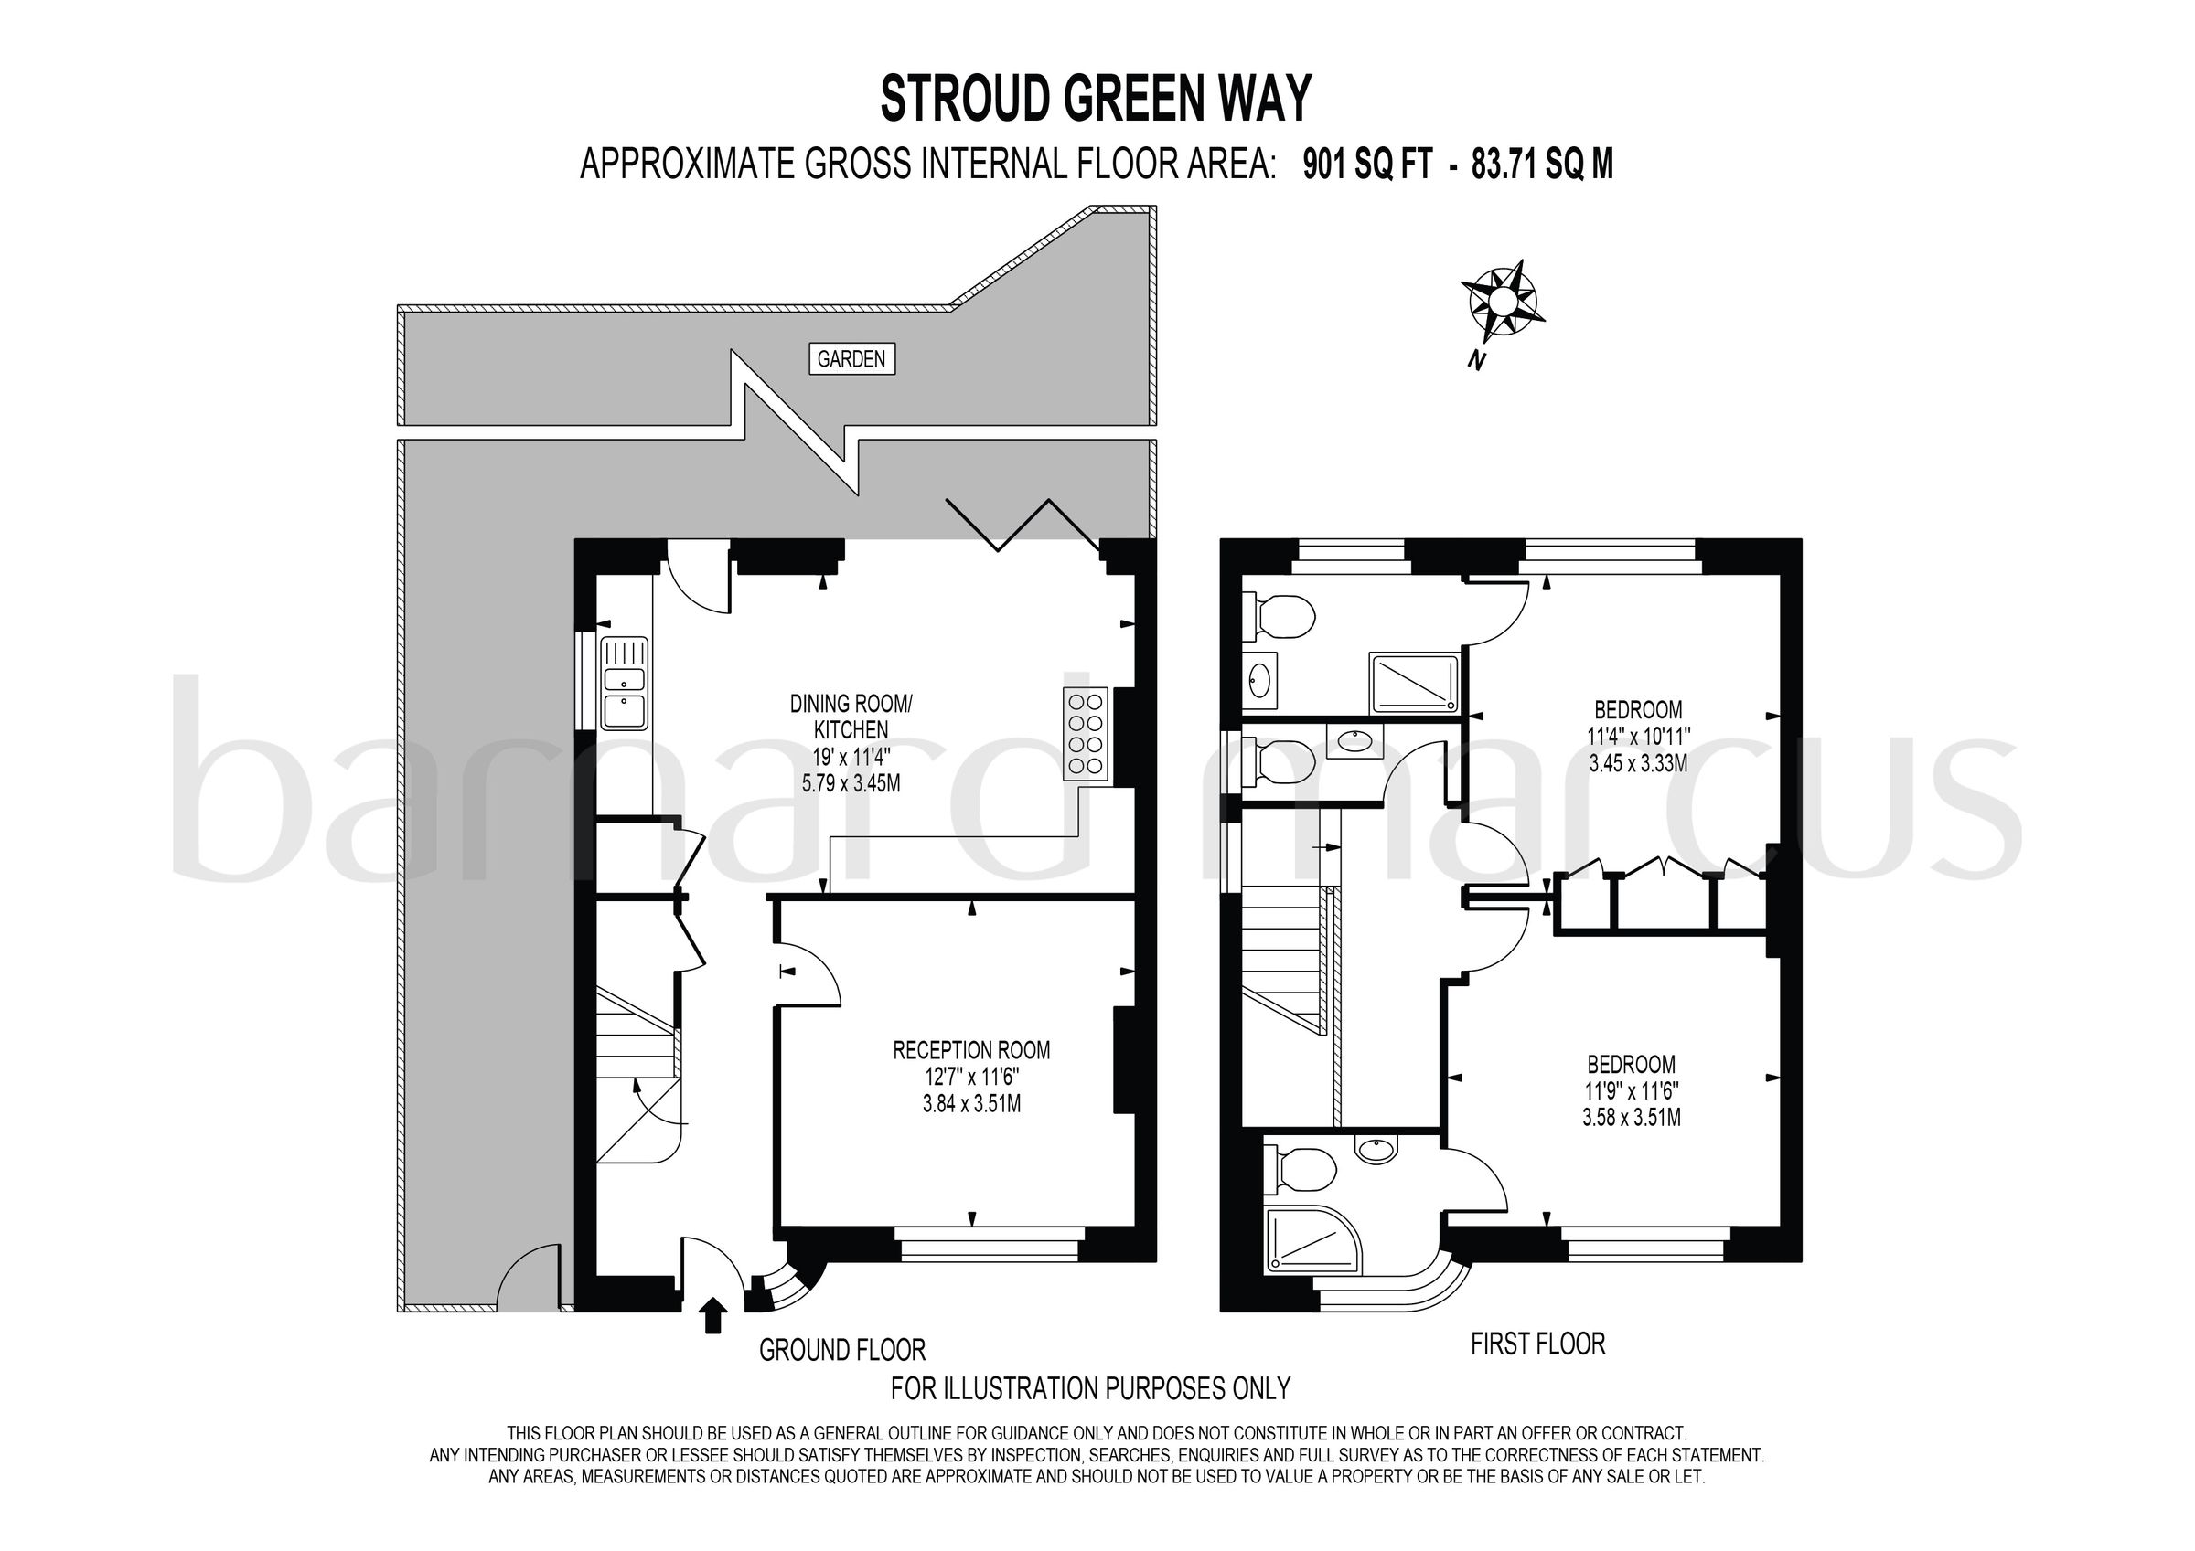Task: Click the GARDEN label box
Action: pos(851,359)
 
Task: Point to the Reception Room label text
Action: pos(971,1050)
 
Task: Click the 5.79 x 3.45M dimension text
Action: pos(851,783)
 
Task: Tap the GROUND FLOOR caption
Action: pos(842,1350)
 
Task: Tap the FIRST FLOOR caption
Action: pos(1537,1344)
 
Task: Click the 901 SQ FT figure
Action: pos(1367,165)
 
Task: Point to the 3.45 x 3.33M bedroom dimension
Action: pos(1638,762)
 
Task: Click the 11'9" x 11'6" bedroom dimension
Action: pos(1631,1090)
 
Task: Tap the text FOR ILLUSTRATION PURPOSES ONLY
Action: pos(1090,1387)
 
